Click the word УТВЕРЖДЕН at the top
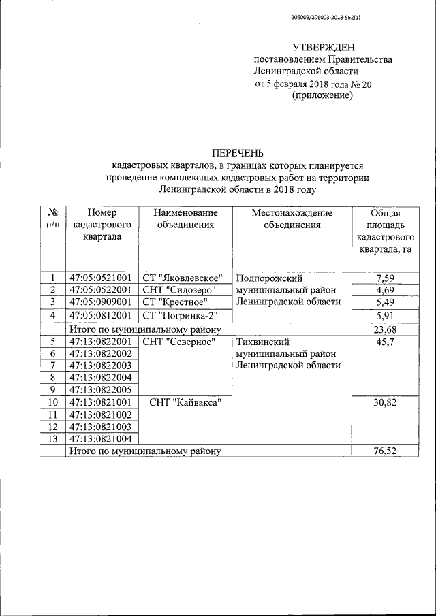[324, 47]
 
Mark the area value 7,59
[385, 278]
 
